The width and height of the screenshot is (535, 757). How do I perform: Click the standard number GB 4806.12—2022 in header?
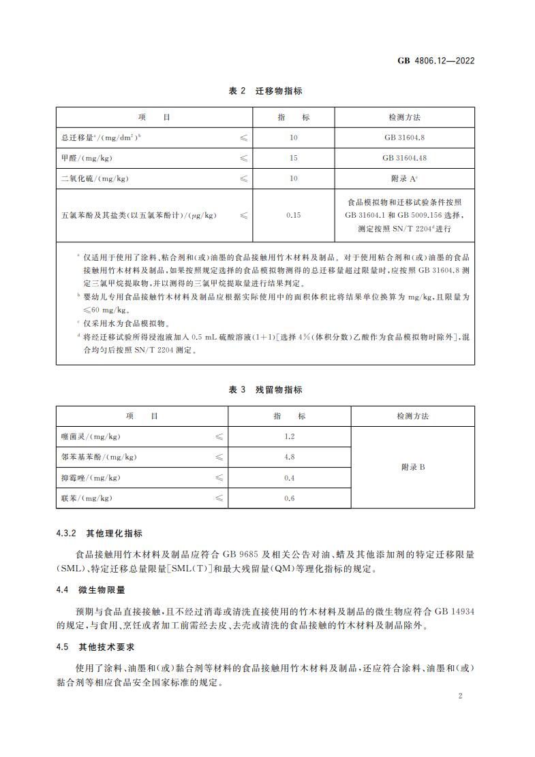(x=435, y=60)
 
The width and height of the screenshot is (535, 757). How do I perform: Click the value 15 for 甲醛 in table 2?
(x=294, y=158)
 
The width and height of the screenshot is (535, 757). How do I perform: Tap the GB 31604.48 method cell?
(x=405, y=158)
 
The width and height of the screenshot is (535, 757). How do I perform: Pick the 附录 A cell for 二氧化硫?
(x=405, y=178)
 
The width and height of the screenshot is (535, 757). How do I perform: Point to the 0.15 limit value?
(x=294, y=215)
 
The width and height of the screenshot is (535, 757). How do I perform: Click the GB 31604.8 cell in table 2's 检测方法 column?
(x=405, y=138)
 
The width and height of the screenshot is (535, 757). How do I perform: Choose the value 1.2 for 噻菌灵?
(x=289, y=436)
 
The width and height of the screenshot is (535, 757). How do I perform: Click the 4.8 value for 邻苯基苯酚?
(x=289, y=457)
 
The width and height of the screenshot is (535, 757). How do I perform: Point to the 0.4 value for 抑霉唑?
(x=289, y=478)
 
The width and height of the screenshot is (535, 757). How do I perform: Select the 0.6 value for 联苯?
(x=289, y=498)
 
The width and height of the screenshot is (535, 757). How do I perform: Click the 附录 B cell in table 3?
(x=412, y=467)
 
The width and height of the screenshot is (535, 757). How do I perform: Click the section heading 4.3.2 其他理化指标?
(x=100, y=534)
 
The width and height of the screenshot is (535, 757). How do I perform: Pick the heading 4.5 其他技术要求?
(x=95, y=646)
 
